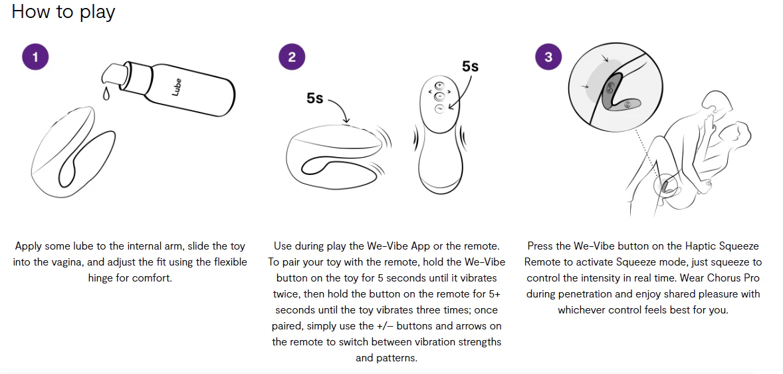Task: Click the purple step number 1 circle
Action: tap(35, 57)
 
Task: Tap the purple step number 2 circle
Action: tap(292, 57)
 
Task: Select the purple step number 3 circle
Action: tap(548, 57)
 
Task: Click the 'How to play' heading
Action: tap(63, 11)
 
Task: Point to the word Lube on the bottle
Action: tap(176, 87)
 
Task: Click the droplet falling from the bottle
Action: tap(106, 93)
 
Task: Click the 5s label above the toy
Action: tap(315, 98)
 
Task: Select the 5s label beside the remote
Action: tap(470, 66)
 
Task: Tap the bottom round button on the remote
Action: tap(439, 109)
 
